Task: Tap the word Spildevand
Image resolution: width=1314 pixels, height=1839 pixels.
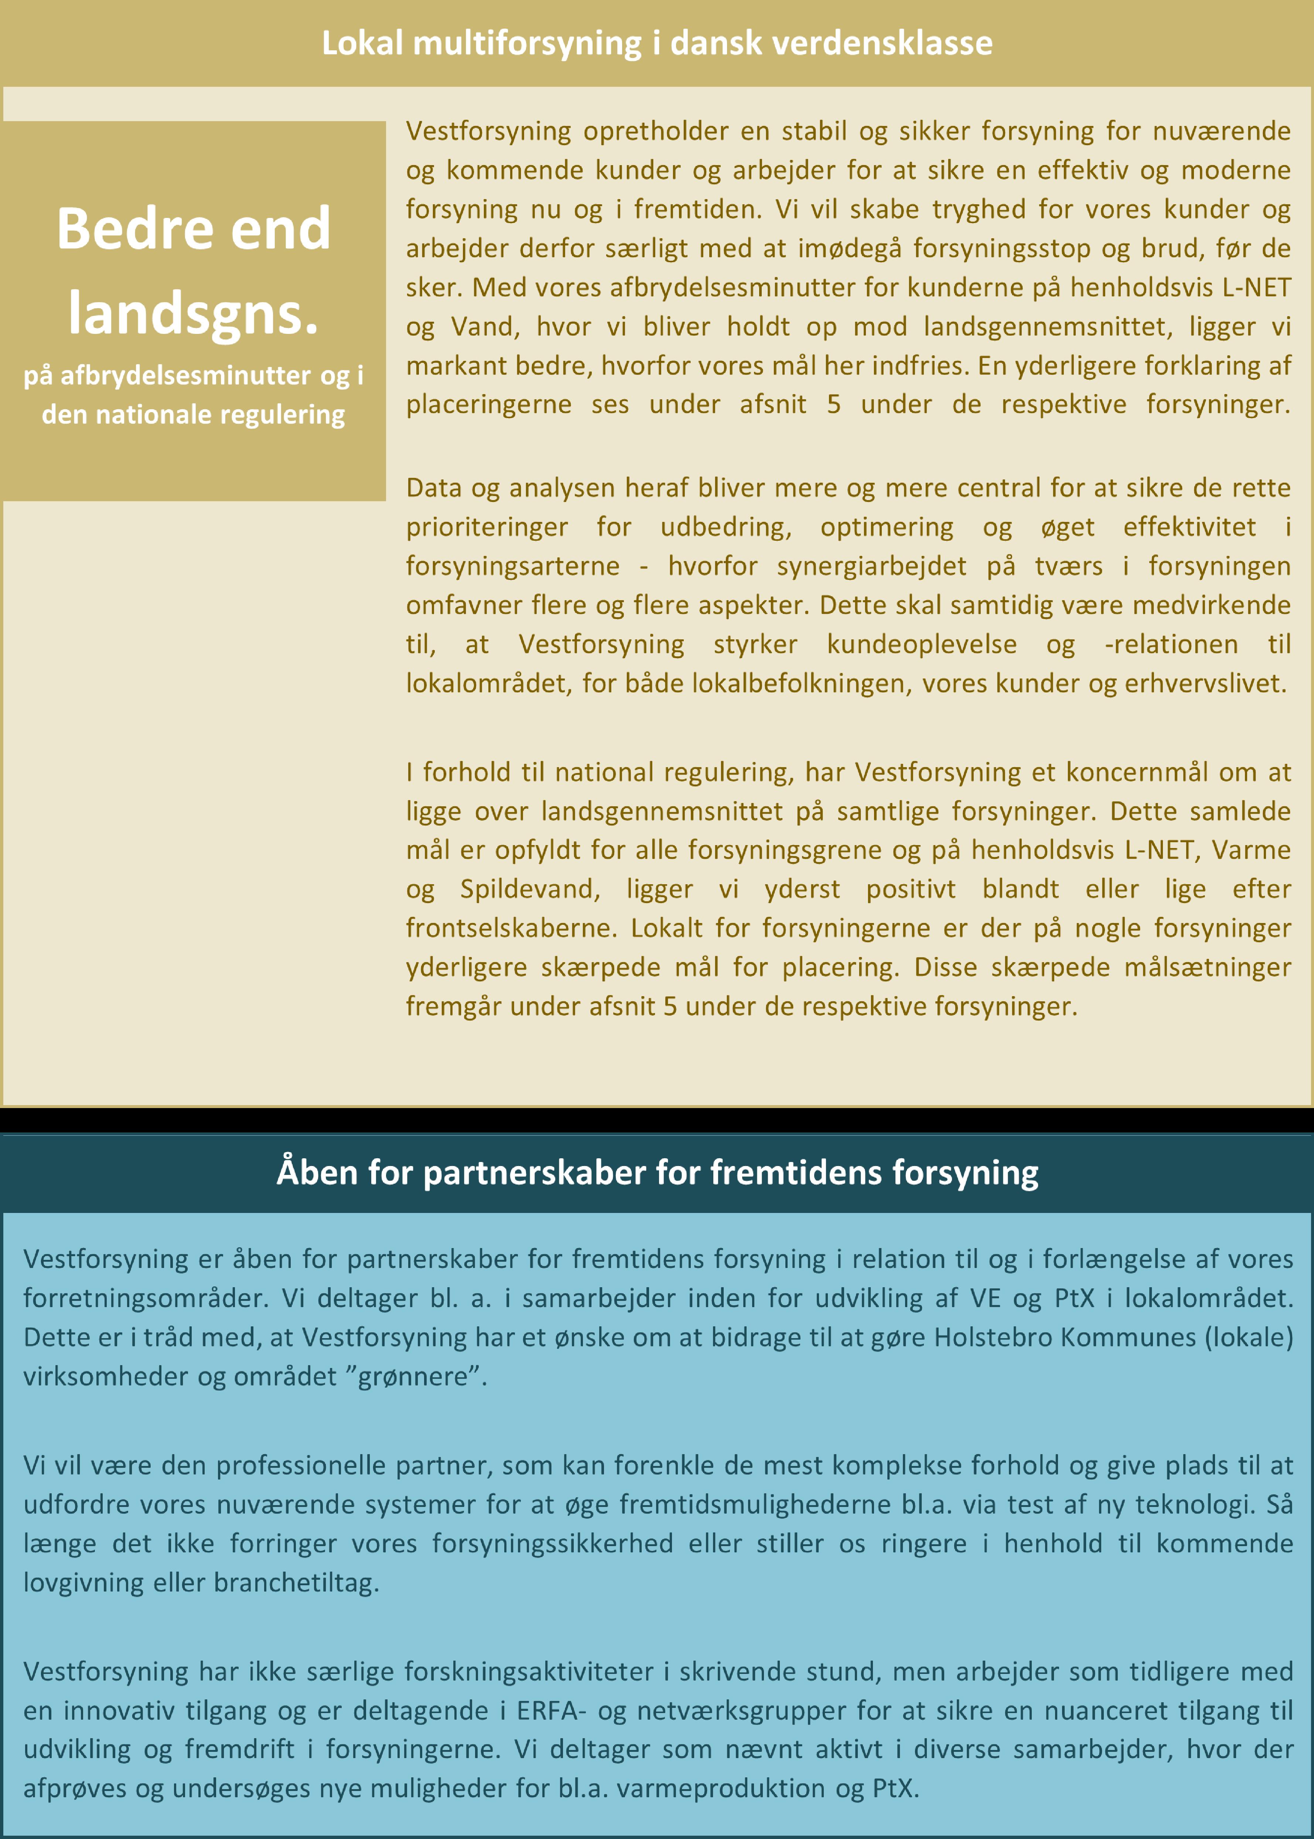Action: pyautogui.click(x=529, y=889)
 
